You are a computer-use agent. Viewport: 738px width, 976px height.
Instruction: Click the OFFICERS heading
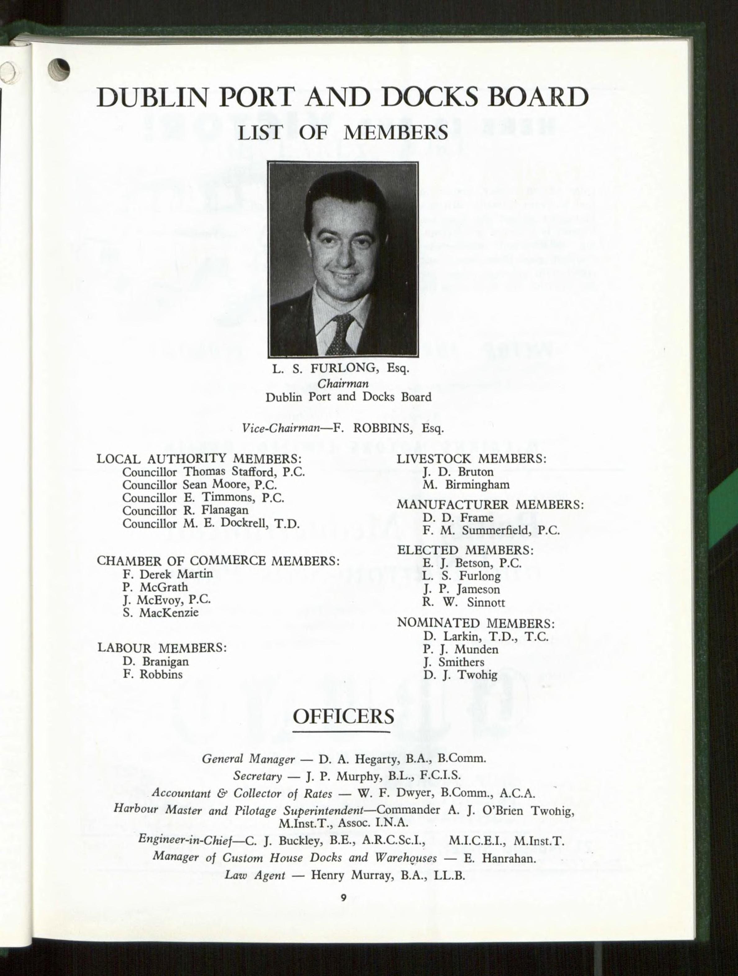pyautogui.click(x=343, y=717)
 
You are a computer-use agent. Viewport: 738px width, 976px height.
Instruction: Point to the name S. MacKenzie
pyautogui.click(x=161, y=612)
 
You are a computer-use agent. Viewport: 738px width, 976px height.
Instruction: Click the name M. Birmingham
pyautogui.click(x=466, y=485)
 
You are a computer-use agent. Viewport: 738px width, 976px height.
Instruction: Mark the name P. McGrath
pyautogui.click(x=155, y=587)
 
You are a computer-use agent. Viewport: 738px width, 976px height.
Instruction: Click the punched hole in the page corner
pyautogui.click(x=60, y=70)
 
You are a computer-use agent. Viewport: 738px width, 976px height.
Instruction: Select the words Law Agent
pyautogui.click(x=255, y=875)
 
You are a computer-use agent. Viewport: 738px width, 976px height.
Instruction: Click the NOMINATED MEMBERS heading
pyautogui.click(x=476, y=623)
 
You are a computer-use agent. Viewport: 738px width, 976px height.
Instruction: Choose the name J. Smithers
pyautogui.click(x=454, y=662)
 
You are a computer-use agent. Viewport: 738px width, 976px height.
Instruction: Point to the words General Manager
pyautogui.click(x=248, y=759)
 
